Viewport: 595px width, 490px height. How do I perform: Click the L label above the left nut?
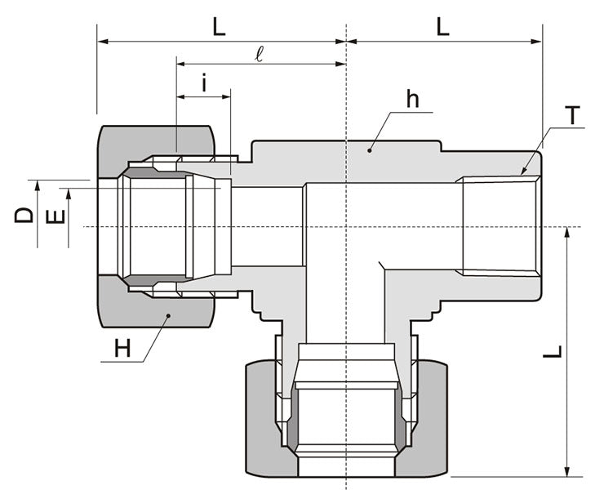coord(218,26)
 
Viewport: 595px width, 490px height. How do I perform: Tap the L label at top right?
coord(442,26)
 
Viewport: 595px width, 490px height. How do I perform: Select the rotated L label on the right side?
coord(553,353)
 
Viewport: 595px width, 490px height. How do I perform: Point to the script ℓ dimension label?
coord(260,54)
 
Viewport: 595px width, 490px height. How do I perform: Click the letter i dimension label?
coord(204,83)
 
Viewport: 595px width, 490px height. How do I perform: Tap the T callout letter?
coord(574,115)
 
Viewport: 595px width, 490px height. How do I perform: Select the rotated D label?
coord(25,215)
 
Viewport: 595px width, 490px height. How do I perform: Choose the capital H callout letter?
coord(122,350)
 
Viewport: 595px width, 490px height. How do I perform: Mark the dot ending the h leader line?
coord(370,149)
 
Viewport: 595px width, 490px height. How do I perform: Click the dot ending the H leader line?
coord(168,314)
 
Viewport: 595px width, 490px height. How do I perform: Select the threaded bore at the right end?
coord(500,226)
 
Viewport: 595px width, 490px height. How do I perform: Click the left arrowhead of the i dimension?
coord(180,97)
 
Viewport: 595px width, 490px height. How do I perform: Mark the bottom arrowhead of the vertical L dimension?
coord(566,471)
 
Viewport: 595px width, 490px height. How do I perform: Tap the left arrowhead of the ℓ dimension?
coord(180,64)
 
